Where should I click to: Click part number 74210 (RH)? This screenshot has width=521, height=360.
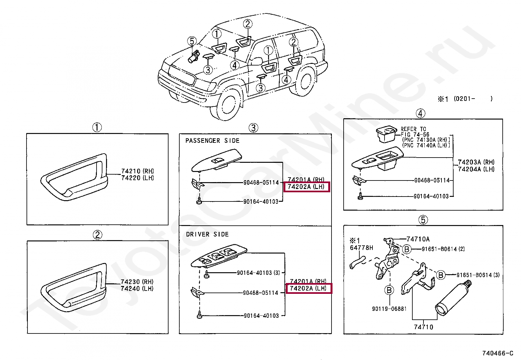pos(137,171)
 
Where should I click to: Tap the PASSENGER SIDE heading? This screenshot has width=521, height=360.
pos(212,141)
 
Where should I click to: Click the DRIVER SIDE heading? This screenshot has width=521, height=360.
pos(207,234)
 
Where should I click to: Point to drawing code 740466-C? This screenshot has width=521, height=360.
pos(497,353)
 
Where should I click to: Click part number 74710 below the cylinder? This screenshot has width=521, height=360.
pos(423,327)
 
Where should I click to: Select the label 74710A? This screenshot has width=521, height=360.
pos(418,239)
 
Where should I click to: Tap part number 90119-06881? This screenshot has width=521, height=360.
pos(389,309)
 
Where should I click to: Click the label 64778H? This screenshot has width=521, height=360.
pos(361,248)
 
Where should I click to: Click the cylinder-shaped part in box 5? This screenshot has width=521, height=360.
pos(453,298)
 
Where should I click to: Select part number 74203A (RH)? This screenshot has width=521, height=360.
pos(476,162)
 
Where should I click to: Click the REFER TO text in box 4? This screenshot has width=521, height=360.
pos(413,129)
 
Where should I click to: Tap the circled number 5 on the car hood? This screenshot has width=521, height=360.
pos(192,41)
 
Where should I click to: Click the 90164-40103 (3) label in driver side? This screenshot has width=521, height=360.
pos(258,273)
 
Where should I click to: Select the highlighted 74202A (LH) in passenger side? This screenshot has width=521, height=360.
pos(306,187)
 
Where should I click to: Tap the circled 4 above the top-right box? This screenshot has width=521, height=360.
pos(420,113)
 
